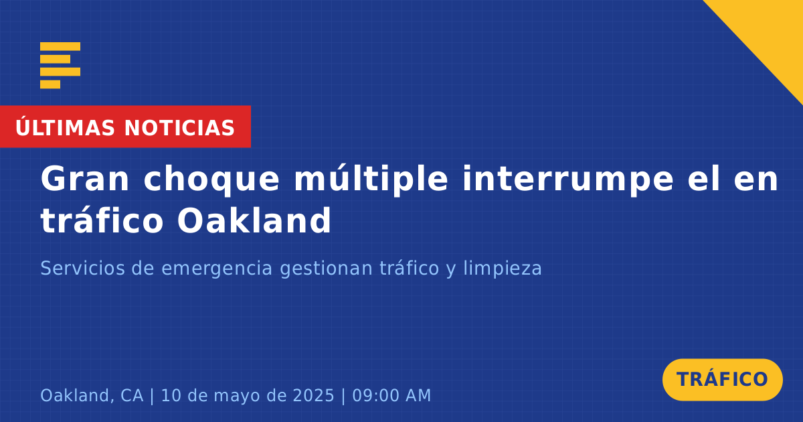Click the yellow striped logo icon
[60, 66]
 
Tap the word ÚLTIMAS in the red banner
[65, 127]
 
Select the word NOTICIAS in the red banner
[179, 128]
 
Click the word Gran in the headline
[84, 179]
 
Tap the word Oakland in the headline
[254, 220]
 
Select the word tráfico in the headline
[102, 220]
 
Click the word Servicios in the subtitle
[83, 268]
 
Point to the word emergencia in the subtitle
[217, 269]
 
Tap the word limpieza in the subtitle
[503, 269]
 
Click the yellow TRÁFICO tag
[722, 379]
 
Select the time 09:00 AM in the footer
[391, 395]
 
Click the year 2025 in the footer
[313, 395]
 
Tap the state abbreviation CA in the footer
[132, 395]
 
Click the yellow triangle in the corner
[771, 32]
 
